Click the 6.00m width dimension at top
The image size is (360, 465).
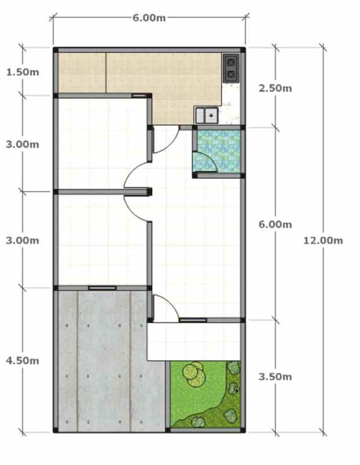click(149, 18)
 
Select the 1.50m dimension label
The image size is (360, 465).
click(23, 72)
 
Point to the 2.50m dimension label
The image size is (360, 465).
click(275, 88)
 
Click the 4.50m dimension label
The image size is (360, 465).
click(23, 360)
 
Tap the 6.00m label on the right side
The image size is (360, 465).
click(275, 224)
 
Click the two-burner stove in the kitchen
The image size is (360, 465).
click(231, 67)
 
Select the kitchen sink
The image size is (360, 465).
click(206, 115)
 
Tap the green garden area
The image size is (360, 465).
click(203, 399)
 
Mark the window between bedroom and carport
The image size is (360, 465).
click(102, 287)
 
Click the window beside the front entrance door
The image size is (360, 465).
click(193, 320)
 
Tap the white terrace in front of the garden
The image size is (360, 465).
click(194, 341)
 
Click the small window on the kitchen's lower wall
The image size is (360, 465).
click(139, 95)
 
